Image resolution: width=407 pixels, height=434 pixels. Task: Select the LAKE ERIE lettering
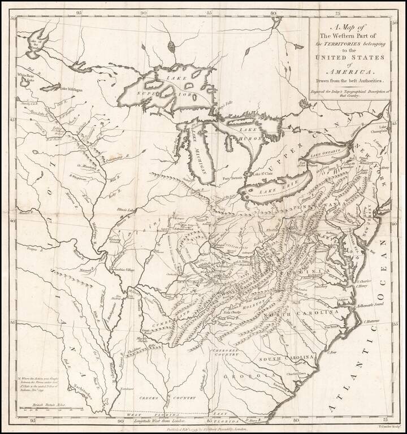(273, 191)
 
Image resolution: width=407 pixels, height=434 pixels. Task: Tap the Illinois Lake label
(142, 209)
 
